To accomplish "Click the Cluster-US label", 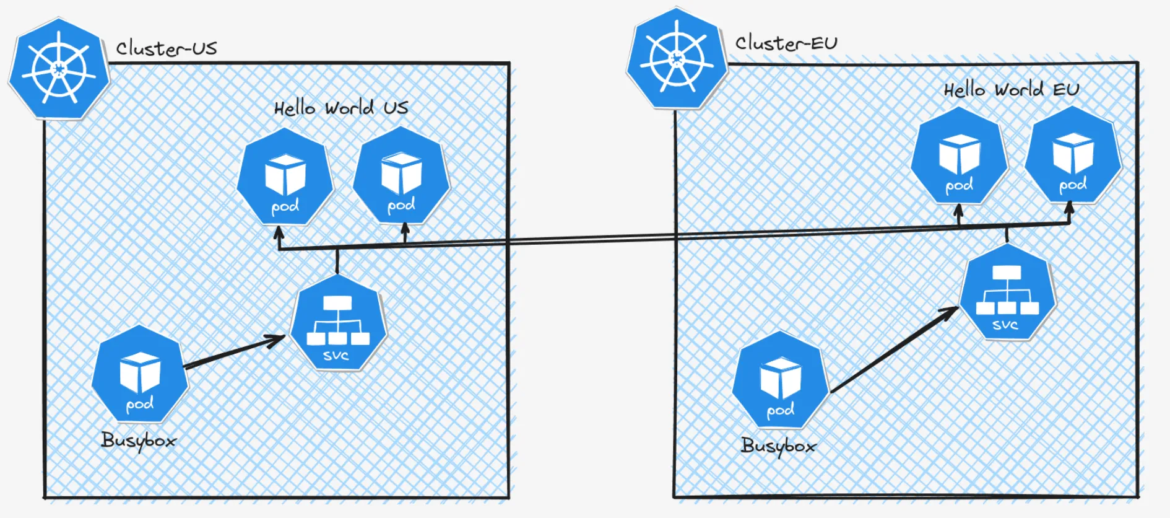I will [x=167, y=48].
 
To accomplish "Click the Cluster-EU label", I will [x=786, y=43].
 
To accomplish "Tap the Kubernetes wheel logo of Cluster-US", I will [x=59, y=68].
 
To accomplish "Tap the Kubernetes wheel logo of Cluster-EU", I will [x=677, y=58].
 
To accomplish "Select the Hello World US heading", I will [x=341, y=108].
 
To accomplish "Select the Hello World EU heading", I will [x=1011, y=90].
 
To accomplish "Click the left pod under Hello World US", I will [x=285, y=177].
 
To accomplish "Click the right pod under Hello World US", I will [x=401, y=176].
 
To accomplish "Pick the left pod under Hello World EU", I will [x=959, y=156].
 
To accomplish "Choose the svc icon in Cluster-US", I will [x=338, y=323].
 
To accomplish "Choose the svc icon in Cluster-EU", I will [x=1007, y=292].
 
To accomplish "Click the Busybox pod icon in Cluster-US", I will [x=140, y=374].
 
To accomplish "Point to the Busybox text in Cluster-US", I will [x=139, y=441].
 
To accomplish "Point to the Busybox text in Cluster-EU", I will [x=778, y=446].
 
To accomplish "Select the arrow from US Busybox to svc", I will [x=235, y=352].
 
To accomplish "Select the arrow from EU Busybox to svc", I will [x=895, y=350].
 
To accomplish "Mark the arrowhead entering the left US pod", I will [x=279, y=234].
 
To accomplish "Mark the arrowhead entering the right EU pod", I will [x=1069, y=209].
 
